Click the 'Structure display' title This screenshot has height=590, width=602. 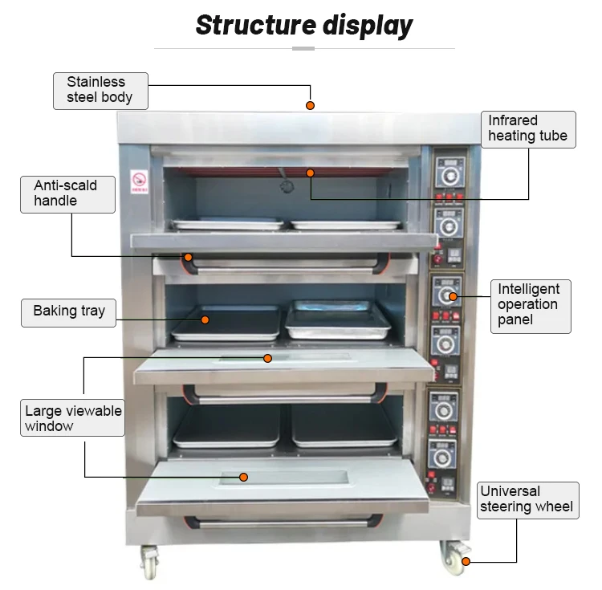click(x=304, y=26)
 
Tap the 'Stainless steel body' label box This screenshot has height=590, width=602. click(x=100, y=91)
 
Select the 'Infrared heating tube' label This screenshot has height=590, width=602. click(x=528, y=129)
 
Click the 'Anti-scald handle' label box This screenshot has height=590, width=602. click(x=67, y=194)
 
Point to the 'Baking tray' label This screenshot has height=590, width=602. click(x=68, y=313)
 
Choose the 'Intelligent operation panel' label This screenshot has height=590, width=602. click(x=531, y=307)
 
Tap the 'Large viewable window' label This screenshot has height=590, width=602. click(x=72, y=417)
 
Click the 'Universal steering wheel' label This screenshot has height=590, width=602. click(x=528, y=500)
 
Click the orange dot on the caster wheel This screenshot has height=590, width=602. click(x=466, y=562)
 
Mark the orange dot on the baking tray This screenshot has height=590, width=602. click(x=205, y=319)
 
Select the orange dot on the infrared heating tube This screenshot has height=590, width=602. click(x=310, y=173)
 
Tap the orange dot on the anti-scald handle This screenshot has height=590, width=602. click(x=188, y=257)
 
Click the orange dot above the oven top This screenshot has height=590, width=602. click(x=310, y=106)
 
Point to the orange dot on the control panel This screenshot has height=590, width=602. click(x=453, y=296)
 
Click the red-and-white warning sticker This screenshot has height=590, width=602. click(x=139, y=181)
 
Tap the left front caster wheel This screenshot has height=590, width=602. click(x=149, y=562)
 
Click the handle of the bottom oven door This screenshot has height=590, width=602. click(x=283, y=523)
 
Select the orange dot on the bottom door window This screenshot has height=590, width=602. click(x=243, y=477)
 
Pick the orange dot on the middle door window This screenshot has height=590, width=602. click(x=267, y=358)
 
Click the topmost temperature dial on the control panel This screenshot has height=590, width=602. click(x=449, y=176)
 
